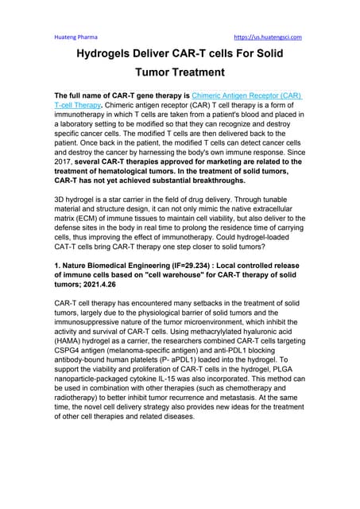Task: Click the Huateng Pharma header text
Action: pyautogui.click(x=71, y=37)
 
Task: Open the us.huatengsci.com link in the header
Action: pyautogui.click(x=267, y=37)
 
